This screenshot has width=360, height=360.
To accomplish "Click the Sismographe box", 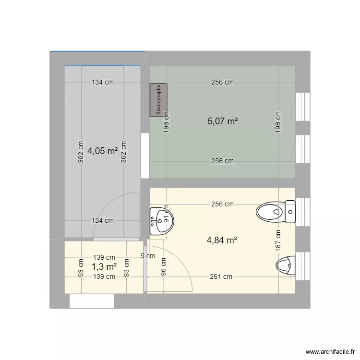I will tap(159, 100).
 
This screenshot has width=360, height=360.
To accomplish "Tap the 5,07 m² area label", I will tap(223, 121).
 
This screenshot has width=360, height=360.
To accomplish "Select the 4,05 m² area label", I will tap(103, 151).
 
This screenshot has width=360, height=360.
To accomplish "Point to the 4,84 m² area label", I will tap(223, 240).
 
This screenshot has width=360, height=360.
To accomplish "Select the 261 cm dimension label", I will tap(221, 276).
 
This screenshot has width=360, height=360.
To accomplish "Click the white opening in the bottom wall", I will tap(92, 301).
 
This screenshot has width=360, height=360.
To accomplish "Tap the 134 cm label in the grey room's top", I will tap(103, 82).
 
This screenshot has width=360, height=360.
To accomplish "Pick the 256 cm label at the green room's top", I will tap(223, 82).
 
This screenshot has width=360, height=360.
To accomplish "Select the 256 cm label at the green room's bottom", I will tap(223, 161).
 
